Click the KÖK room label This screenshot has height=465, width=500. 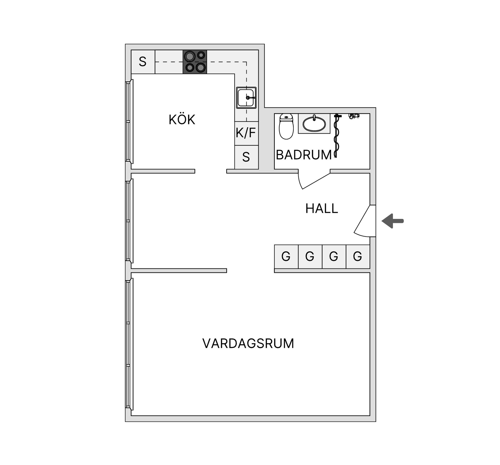coord(182,119)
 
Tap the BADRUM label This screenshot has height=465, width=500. coord(304,155)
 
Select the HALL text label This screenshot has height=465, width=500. coord(322,208)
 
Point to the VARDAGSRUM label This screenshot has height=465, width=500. coord(248,343)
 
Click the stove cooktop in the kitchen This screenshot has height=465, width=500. coord(195,62)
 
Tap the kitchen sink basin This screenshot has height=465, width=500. coord(246,98)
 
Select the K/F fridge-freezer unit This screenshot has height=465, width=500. coord(246,133)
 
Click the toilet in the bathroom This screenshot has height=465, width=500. coord(286,126)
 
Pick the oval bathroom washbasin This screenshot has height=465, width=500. coord(314,124)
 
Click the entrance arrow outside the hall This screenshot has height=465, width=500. coord(393,221)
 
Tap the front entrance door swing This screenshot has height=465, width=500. coord(365,221)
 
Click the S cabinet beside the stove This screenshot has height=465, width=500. coord(143,62)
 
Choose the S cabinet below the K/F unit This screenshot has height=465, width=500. coord(246,157)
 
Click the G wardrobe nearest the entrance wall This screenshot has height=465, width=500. coord(358,257)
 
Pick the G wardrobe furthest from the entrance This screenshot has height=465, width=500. coord(286,257)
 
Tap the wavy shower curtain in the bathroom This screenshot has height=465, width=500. coord(336,136)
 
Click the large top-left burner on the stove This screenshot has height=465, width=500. coord(190,56)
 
